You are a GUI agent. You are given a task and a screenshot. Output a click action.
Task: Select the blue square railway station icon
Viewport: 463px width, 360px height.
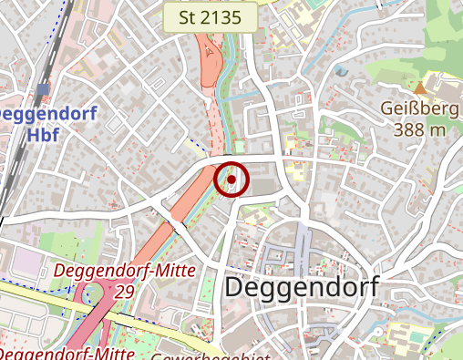pyautogui.click(x=43, y=90)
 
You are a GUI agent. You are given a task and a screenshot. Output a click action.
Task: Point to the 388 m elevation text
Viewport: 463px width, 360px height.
pyautogui.click(x=420, y=129)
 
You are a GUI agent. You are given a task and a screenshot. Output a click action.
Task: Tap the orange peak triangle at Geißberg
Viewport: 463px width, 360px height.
pyautogui.click(x=420, y=87)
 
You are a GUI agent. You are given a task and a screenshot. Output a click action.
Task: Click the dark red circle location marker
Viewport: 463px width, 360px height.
pyautogui.click(x=231, y=180)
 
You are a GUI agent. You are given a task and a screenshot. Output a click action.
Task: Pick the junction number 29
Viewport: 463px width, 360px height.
pyautogui.click(x=125, y=291)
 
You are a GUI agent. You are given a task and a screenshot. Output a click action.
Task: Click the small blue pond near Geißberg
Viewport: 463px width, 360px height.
pyautogui.click(x=341, y=70)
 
